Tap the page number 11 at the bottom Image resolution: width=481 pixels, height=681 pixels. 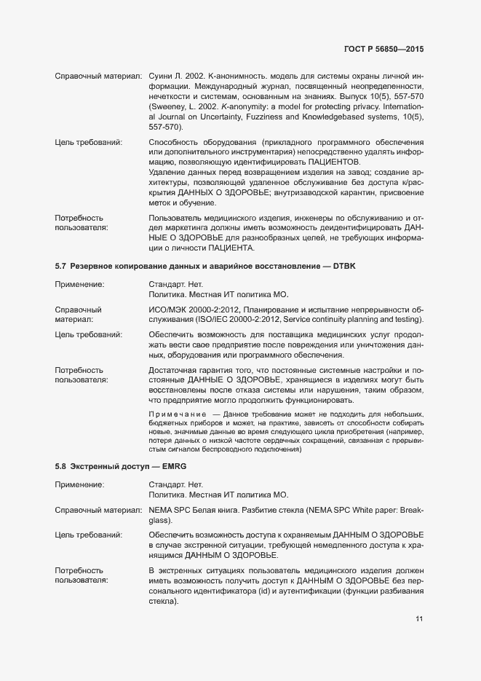[419, 619]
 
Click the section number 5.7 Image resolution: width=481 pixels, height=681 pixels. [61, 267]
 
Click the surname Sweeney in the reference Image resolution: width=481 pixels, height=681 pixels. [167, 106]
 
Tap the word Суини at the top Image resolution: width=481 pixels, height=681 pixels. [160, 76]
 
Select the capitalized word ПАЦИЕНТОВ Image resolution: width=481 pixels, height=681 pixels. [334, 161]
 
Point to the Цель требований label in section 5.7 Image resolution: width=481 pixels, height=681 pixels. [89, 334]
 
